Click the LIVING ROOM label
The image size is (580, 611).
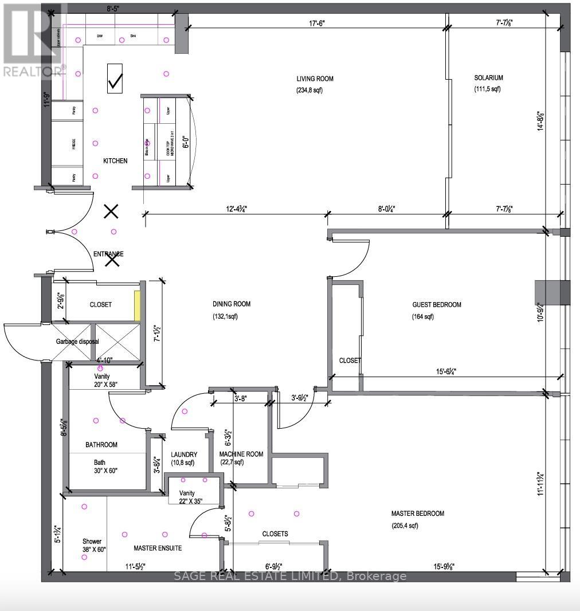(315, 79)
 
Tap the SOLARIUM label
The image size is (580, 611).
(488, 78)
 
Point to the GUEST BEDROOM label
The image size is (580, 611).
(437, 305)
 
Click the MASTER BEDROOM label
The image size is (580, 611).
(417, 514)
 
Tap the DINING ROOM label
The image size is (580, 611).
(231, 304)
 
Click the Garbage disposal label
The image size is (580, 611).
(77, 342)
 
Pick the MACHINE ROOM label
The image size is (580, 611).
(241, 454)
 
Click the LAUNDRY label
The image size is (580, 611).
(184, 455)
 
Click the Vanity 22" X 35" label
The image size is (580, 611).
(187, 497)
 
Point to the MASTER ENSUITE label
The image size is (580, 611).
(158, 549)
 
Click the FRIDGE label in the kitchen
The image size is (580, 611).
(74, 143)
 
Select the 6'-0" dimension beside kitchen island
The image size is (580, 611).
(185, 141)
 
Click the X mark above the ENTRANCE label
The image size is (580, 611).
(111, 212)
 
